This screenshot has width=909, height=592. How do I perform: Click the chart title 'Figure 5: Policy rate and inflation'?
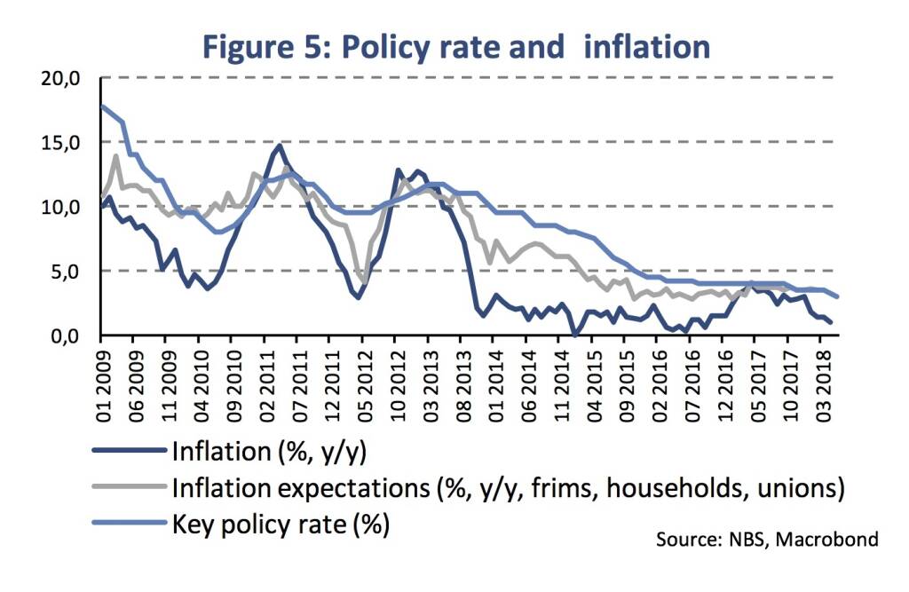click(456, 46)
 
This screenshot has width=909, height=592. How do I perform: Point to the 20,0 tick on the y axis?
click(63, 78)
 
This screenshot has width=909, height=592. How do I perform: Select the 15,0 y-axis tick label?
click(63, 142)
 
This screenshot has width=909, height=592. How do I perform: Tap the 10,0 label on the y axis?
click(63, 207)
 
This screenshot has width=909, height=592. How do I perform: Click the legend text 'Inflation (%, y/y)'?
click(271, 451)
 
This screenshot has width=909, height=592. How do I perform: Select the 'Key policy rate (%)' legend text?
click(281, 524)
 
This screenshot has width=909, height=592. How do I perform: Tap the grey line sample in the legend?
click(133, 487)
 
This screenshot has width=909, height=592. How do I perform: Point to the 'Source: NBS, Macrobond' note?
click(768, 539)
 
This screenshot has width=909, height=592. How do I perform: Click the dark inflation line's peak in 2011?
click(281, 145)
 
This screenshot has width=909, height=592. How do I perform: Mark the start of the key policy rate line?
click(102, 106)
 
